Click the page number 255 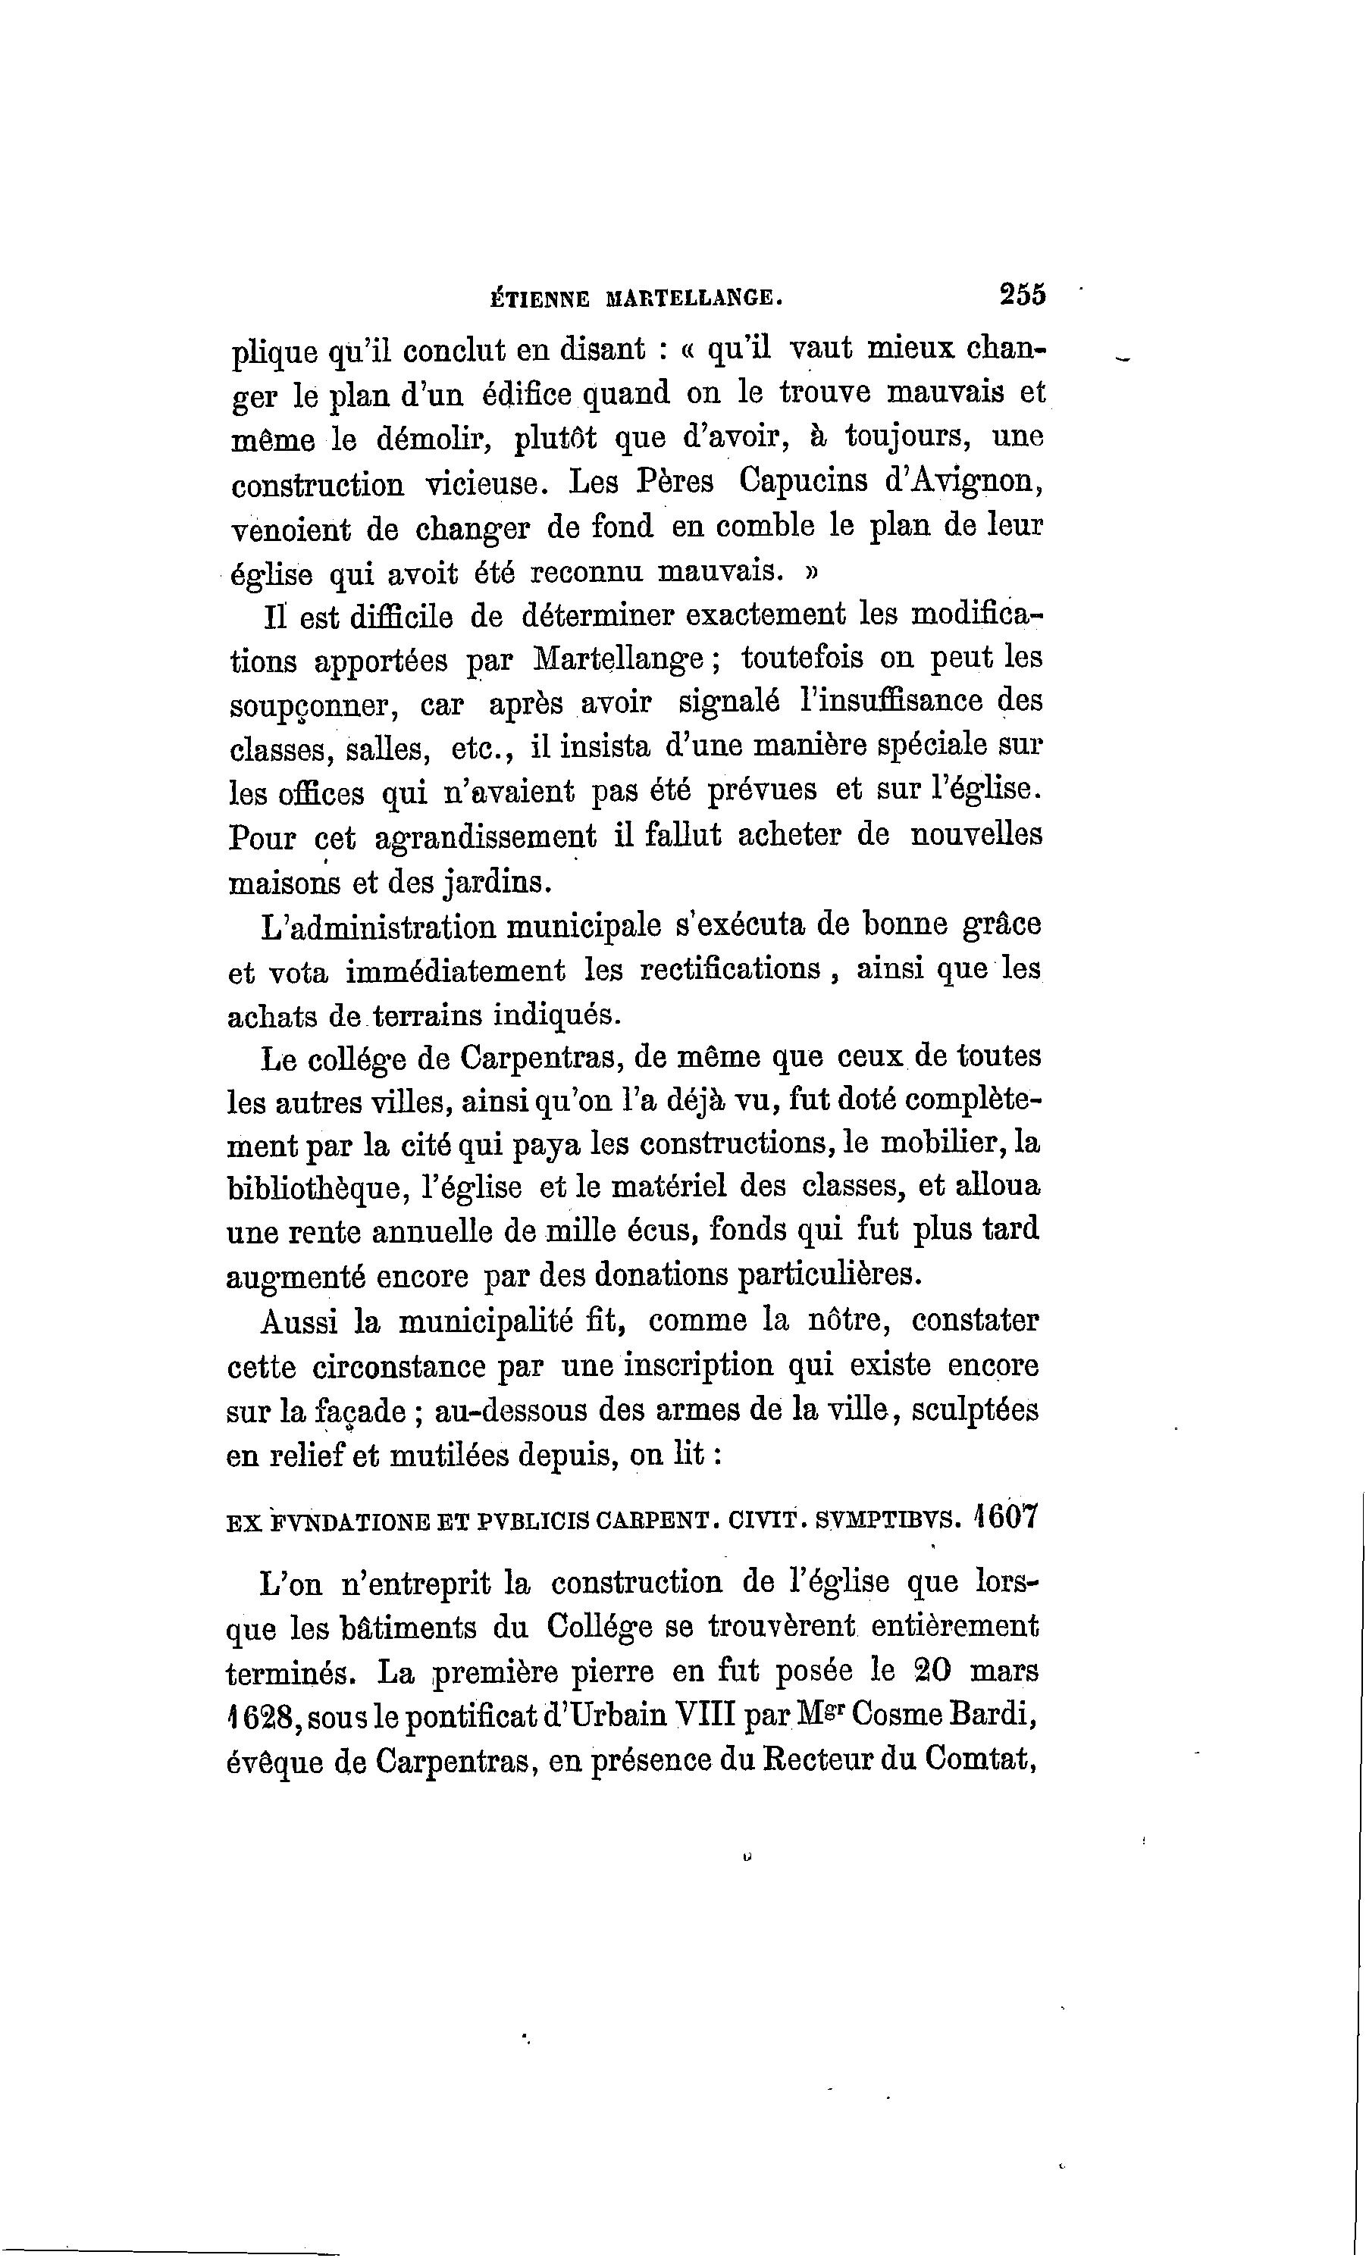click(x=1023, y=295)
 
